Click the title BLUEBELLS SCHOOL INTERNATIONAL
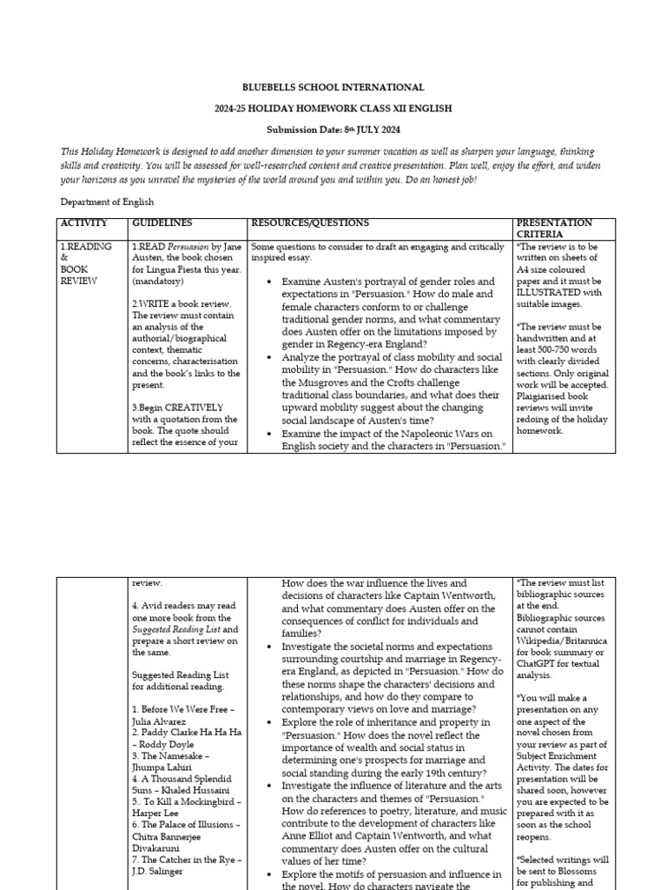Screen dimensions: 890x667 click(x=333, y=88)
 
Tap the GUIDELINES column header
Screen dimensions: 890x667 click(x=162, y=223)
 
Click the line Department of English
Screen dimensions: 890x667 click(x=107, y=202)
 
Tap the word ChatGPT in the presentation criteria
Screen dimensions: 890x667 click(x=543, y=661)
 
